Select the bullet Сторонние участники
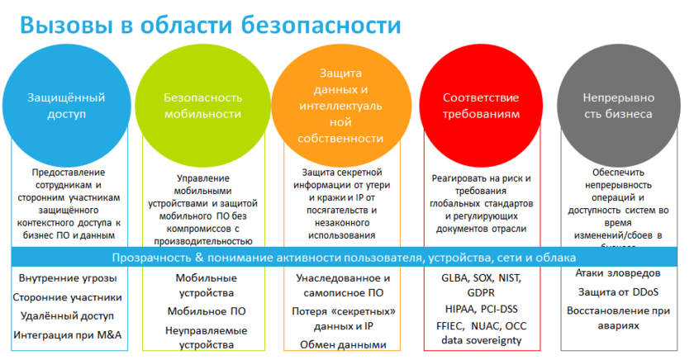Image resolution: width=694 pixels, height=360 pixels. [69, 297]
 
